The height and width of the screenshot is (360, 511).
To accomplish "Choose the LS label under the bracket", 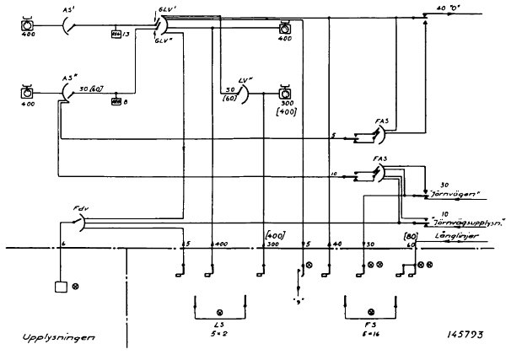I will tap(219, 324).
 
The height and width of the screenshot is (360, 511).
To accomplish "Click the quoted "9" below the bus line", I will tap(299, 298).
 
